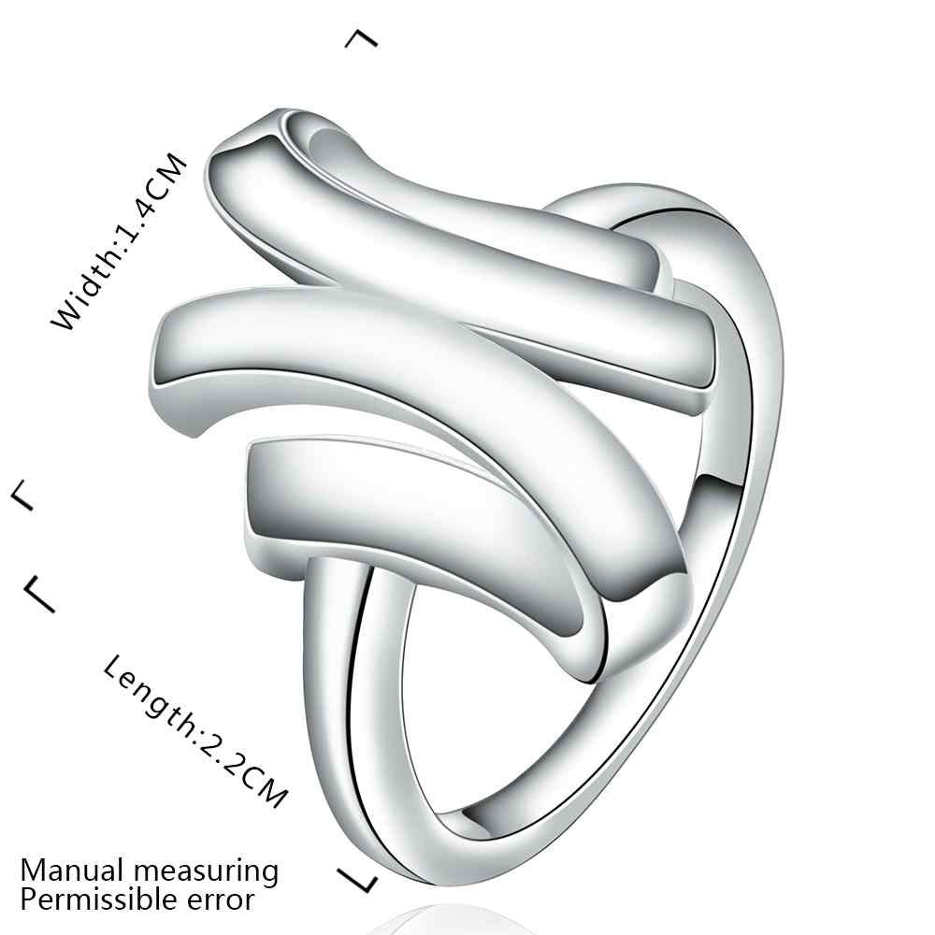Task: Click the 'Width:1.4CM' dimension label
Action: click(120, 241)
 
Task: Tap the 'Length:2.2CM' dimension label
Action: click(195, 731)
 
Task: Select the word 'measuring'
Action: click(205, 872)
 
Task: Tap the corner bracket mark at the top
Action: click(362, 38)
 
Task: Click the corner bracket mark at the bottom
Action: click(358, 880)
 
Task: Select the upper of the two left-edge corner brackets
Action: click(22, 495)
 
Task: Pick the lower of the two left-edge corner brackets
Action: click(39, 594)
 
